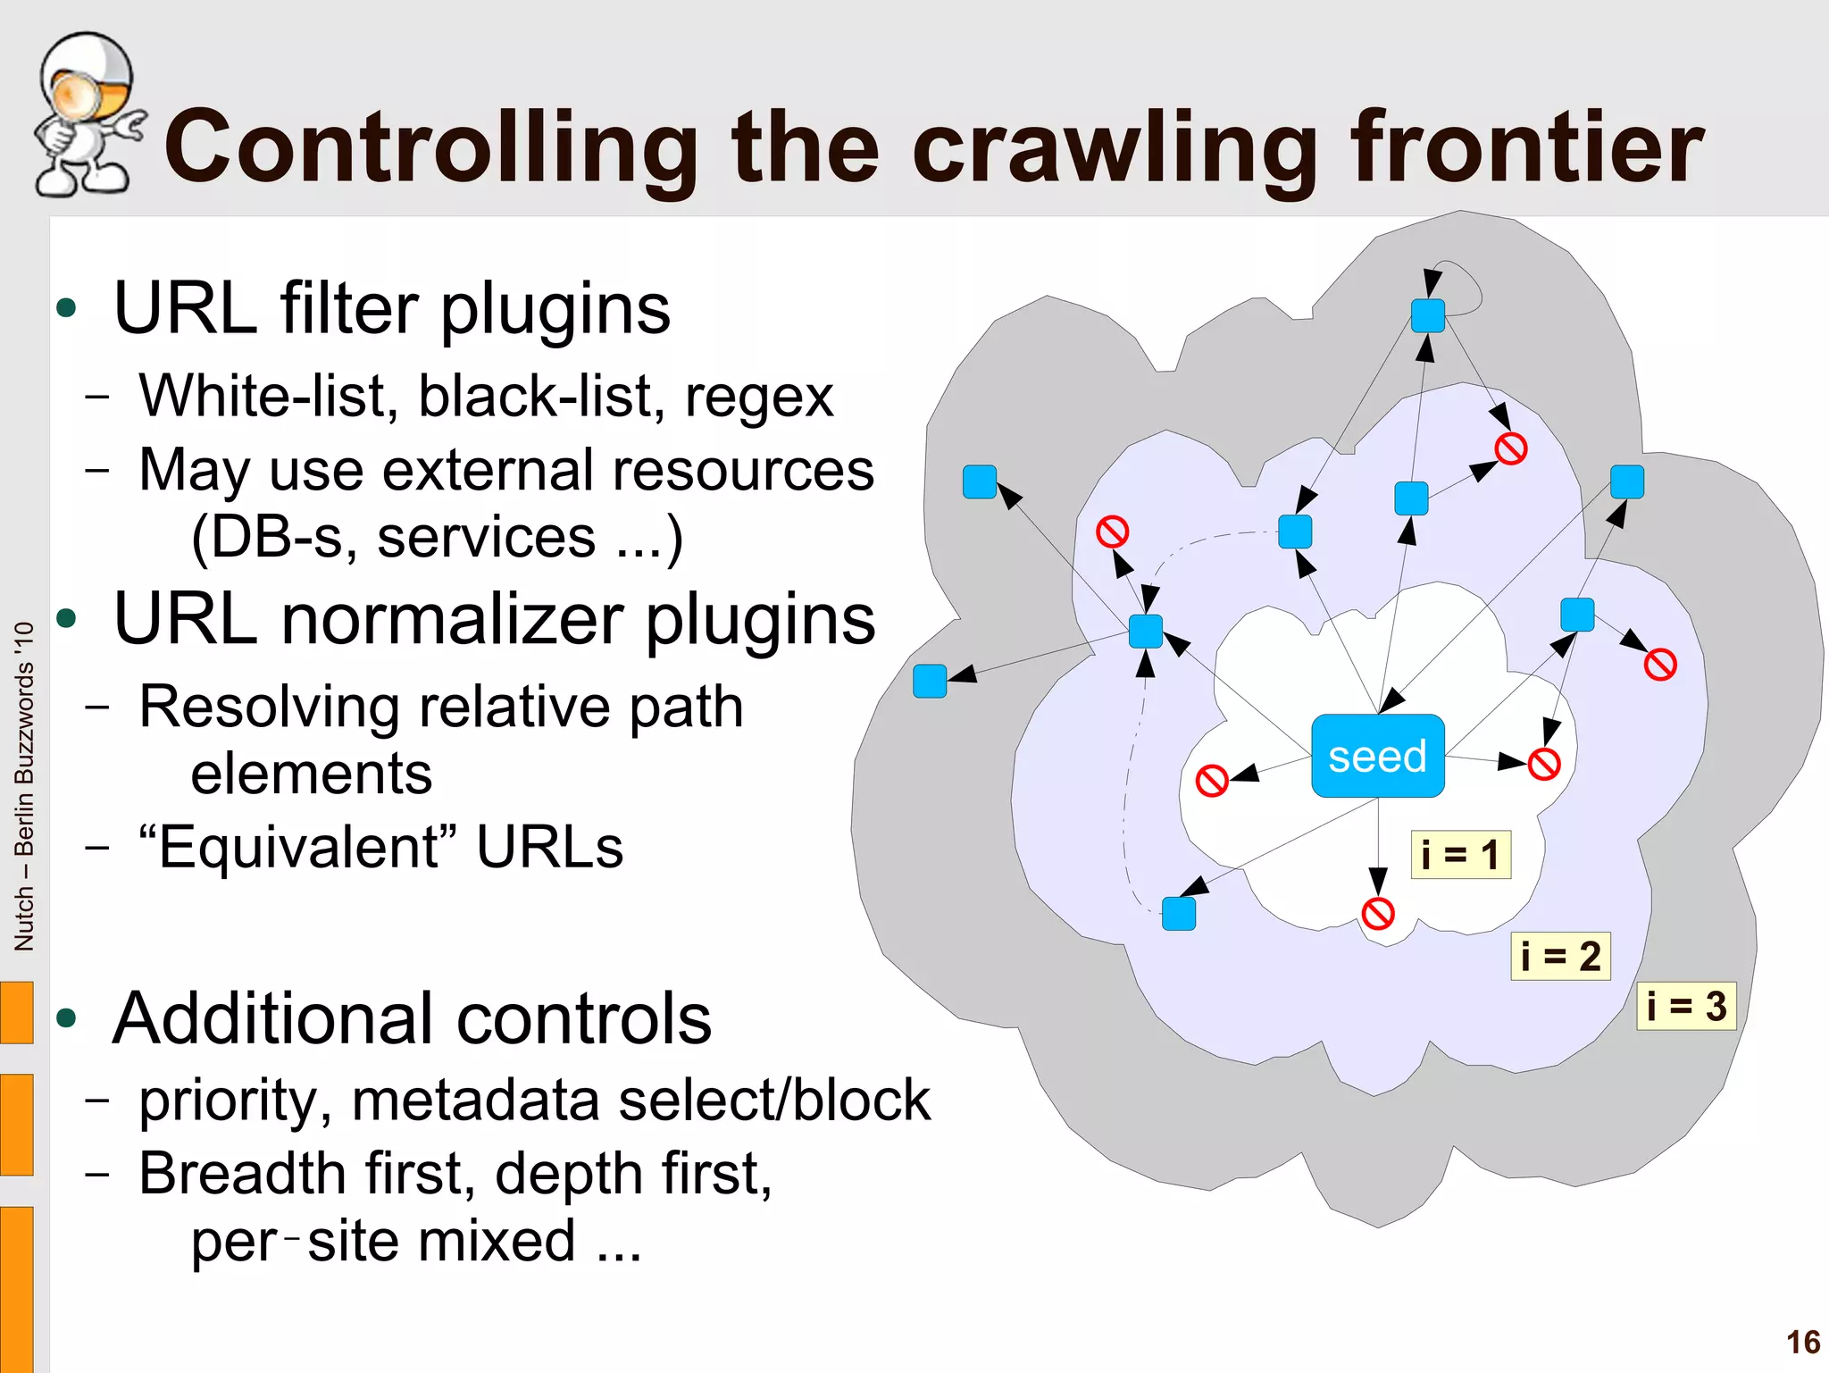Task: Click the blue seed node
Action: (x=1377, y=756)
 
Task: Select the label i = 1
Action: (x=1460, y=855)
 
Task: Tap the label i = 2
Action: (x=1559, y=957)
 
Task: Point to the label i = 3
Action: (x=1685, y=1007)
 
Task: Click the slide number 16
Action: (x=1802, y=1342)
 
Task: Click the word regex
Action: (x=758, y=397)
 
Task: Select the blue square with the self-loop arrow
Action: (x=1427, y=316)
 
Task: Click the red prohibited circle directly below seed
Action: (x=1377, y=914)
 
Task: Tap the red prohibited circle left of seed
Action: (x=1211, y=780)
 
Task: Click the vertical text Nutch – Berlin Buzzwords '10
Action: (x=24, y=786)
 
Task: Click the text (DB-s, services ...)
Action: (x=437, y=539)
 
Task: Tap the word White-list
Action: (x=268, y=397)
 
